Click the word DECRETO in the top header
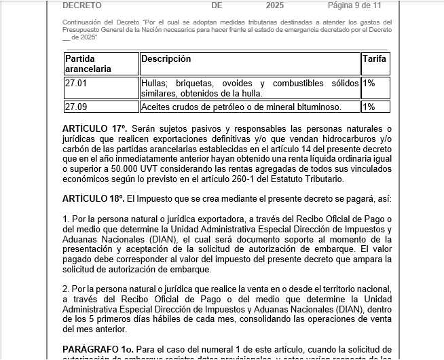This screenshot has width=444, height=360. coord(82,5)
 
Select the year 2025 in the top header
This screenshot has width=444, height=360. coord(275,5)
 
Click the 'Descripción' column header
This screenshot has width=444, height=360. coord(166,59)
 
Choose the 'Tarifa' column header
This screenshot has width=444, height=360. coord(374,59)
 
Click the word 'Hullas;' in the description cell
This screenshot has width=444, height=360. coord(156,84)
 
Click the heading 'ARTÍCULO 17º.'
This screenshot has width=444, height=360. coord(94,128)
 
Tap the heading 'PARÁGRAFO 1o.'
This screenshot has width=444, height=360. coord(94,349)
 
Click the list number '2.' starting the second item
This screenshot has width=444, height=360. coord(66,289)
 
